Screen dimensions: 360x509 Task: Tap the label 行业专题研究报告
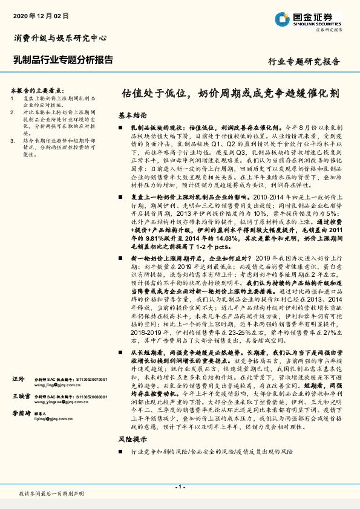click(304, 62)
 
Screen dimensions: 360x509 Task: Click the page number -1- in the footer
click(180, 486)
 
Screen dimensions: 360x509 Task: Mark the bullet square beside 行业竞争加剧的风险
click(121, 452)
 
